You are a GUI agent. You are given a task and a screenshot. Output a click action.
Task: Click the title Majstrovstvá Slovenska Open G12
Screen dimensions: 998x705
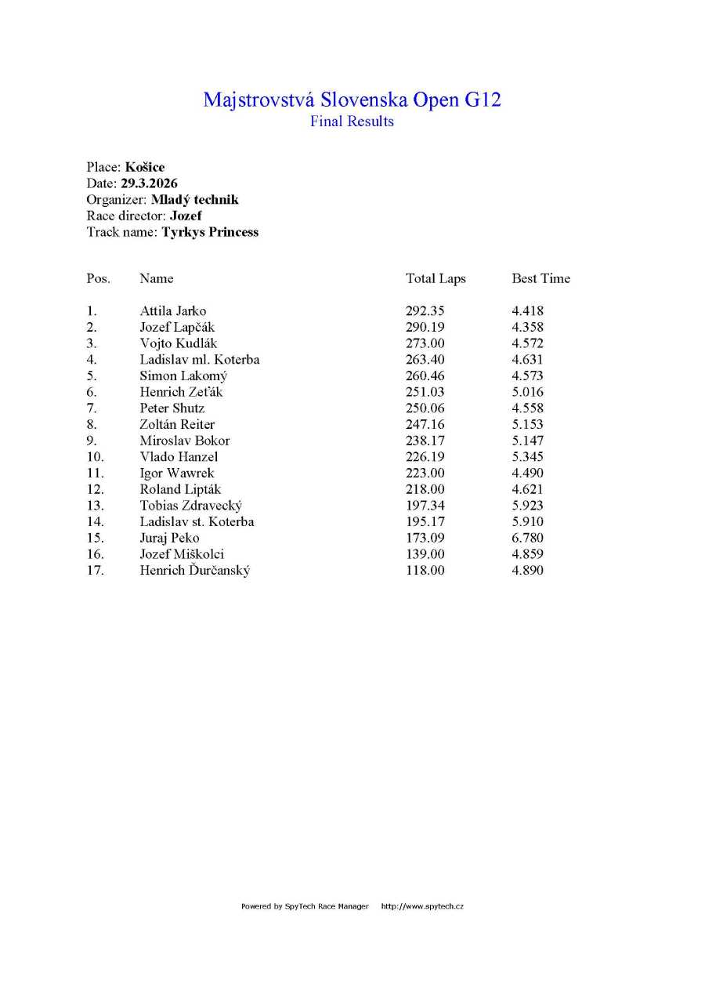[352, 100]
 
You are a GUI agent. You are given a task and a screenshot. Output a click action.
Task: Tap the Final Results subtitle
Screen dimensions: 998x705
[352, 122]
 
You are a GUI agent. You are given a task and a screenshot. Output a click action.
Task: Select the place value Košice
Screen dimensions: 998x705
[145, 167]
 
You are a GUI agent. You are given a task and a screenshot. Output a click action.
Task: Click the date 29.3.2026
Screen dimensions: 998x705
[149, 183]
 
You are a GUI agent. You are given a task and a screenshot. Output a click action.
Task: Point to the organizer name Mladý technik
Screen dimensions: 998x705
[194, 200]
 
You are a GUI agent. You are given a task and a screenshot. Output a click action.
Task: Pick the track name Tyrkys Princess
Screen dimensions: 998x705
[210, 232]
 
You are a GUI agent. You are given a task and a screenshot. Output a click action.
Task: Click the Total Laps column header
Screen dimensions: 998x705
[436, 279]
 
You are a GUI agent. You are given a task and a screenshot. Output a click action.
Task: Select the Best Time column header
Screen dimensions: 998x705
[540, 279]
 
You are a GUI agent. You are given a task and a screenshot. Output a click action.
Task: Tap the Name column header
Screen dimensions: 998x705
[157, 279]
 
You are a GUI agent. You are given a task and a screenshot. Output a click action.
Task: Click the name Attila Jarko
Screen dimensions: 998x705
[173, 311]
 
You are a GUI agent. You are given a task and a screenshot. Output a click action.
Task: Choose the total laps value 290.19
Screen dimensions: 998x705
[425, 328]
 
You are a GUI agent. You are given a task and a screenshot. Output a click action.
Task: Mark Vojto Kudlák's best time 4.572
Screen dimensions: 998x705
[527, 343]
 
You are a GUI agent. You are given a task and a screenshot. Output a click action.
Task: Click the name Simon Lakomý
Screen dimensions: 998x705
[183, 376]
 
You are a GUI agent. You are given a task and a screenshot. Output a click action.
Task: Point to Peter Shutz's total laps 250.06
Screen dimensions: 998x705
[425, 408]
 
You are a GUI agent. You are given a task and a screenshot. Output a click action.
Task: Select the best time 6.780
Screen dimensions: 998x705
[527, 538]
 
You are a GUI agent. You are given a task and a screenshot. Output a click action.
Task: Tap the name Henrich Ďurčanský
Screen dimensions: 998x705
[195, 571]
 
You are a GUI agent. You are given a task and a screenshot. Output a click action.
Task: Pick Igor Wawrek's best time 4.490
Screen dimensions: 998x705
[527, 474]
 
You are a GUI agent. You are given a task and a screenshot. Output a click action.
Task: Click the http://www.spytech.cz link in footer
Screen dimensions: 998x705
[422, 906]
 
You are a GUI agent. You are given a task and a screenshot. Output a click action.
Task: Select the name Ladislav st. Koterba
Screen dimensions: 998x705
[197, 522]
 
